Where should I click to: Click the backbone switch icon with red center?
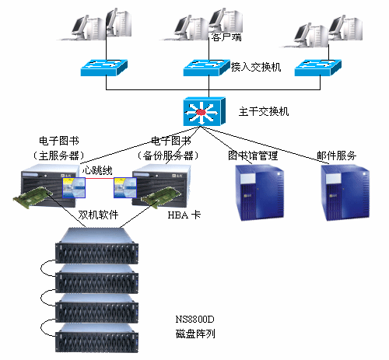pos(205,112)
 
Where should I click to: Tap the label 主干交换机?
pos(264,112)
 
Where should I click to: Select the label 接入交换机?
pos(256,67)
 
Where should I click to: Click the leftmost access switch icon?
pos(104,68)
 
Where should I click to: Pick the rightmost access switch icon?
pos(318,68)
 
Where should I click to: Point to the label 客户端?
pos(226,37)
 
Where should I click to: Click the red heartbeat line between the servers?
pos(100,178)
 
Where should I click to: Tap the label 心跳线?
pos(97,170)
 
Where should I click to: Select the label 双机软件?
pos(98,215)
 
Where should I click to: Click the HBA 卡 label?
pos(184,215)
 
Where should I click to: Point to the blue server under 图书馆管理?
pos(259,193)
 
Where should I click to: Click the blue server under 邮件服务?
pos(345,193)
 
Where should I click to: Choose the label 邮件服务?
pos(337,156)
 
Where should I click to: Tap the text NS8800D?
pos(195,320)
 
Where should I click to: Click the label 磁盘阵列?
pos(195,334)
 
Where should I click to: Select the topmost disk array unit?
pos(96,246)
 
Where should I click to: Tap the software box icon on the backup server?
pos(125,188)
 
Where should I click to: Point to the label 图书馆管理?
pos(253,156)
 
